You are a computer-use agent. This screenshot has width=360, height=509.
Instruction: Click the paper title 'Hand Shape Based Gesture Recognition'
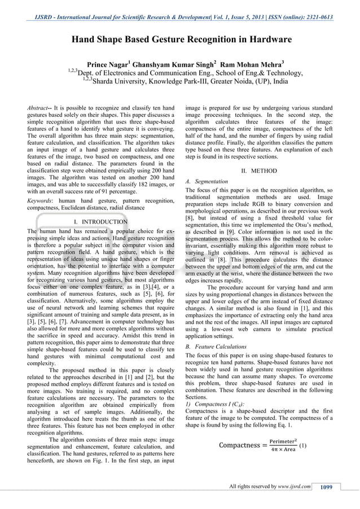point(181,40)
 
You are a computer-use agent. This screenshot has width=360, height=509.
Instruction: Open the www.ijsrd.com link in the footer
point(293,487)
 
